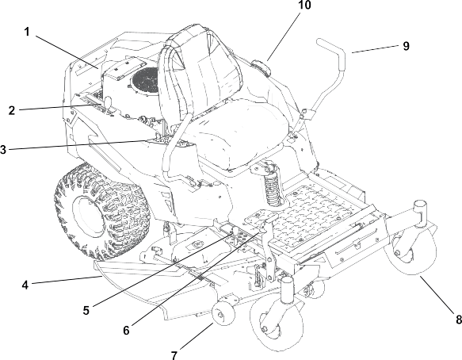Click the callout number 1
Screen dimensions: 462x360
point(27,32)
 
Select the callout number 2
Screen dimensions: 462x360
point(12,110)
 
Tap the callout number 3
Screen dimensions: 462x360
point(3,150)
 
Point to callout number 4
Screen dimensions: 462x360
point(25,285)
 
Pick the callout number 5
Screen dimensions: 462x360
point(86,311)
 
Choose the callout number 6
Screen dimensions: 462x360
point(127,330)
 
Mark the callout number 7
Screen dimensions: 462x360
point(174,354)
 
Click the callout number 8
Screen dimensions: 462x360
point(459,320)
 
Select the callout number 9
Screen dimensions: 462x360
point(406,46)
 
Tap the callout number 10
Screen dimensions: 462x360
point(304,5)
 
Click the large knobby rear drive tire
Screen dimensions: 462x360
point(101,211)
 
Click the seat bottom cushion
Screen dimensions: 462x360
point(235,132)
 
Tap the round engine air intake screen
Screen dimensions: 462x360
point(145,81)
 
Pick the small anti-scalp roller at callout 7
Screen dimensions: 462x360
point(223,313)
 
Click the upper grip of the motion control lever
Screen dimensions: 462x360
point(330,48)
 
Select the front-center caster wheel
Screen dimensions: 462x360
point(277,323)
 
